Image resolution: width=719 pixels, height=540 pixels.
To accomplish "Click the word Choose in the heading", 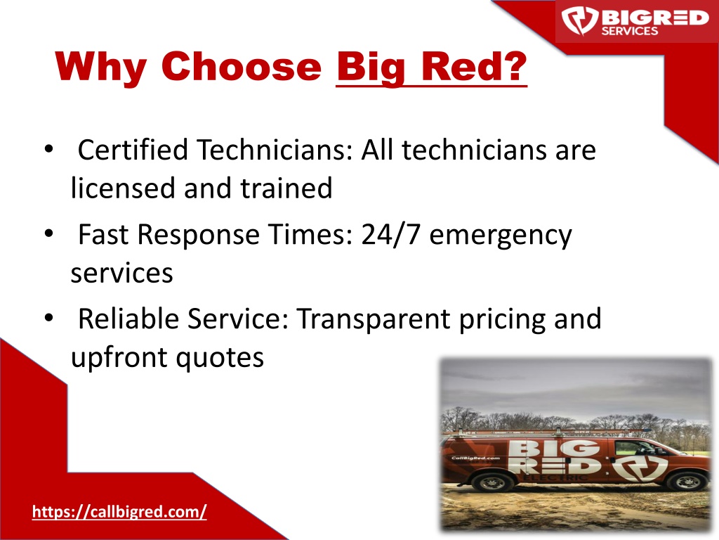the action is pyautogui.click(x=242, y=66).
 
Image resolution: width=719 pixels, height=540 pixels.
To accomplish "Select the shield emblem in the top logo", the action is pyautogui.click(x=580, y=20).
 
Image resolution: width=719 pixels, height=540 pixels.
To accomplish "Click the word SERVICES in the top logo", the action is pyautogui.click(x=630, y=31).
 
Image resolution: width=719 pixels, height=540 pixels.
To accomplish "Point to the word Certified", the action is pyautogui.click(x=133, y=150).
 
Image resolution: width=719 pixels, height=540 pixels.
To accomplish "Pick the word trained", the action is pyautogui.click(x=286, y=188).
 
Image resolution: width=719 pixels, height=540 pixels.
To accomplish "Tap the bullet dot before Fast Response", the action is pyautogui.click(x=49, y=233).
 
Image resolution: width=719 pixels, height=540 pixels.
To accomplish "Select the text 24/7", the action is pyautogui.click(x=390, y=234).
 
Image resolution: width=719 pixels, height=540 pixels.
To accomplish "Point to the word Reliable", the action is pyautogui.click(x=128, y=319).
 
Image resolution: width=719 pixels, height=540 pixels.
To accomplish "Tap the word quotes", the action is pyautogui.click(x=220, y=358).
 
